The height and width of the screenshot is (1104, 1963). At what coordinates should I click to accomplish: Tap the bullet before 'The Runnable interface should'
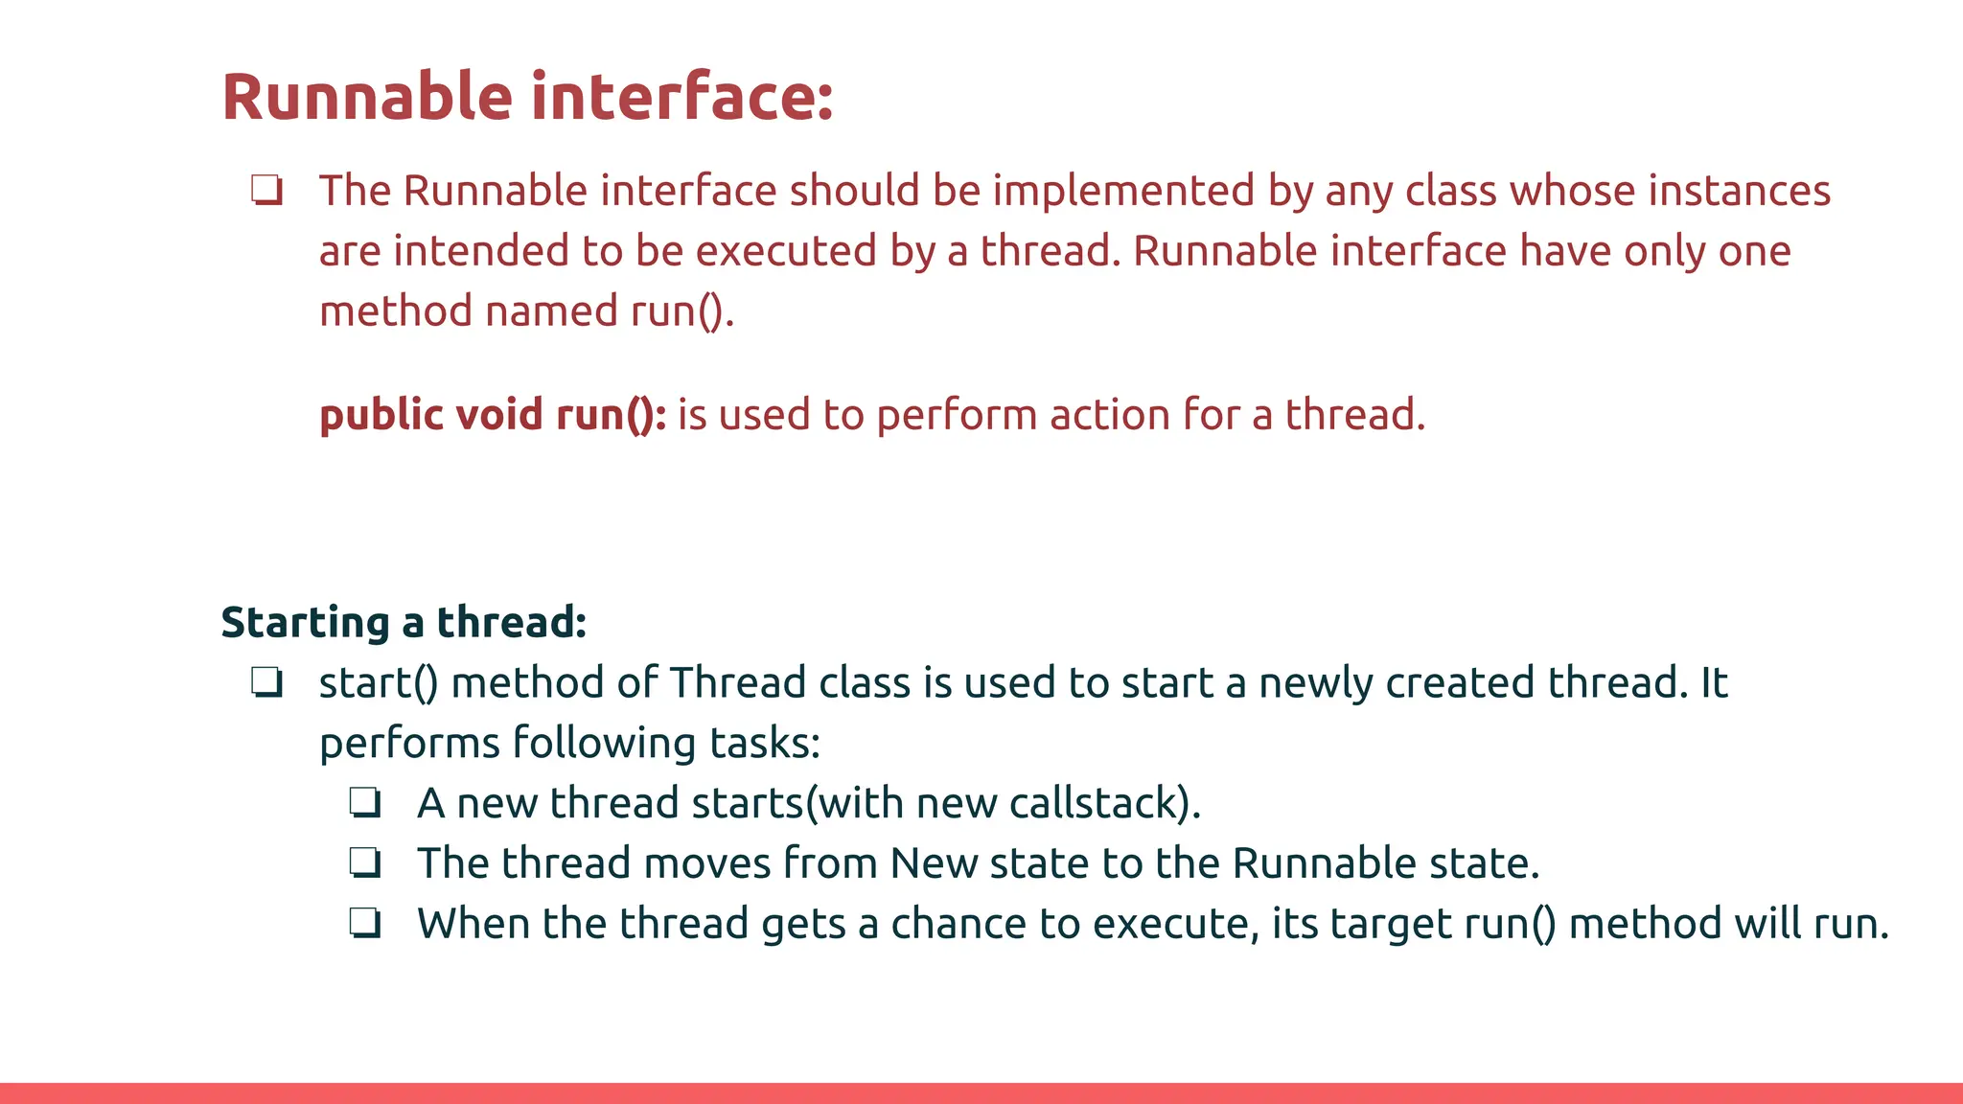point(267,190)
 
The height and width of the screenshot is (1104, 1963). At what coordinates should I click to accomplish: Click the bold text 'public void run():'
point(493,415)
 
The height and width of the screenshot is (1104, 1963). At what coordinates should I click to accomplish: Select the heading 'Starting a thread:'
point(404,622)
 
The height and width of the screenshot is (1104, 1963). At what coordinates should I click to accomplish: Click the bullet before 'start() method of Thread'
point(267,682)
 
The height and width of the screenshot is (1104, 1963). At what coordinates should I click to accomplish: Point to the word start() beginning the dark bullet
point(379,683)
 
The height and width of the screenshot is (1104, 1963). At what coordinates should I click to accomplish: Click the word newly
point(1316,683)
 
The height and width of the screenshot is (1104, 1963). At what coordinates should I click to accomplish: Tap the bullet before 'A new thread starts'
point(365,803)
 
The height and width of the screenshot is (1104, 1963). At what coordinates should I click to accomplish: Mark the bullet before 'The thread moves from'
point(365,863)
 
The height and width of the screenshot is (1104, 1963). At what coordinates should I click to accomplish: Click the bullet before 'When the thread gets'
point(365,924)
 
